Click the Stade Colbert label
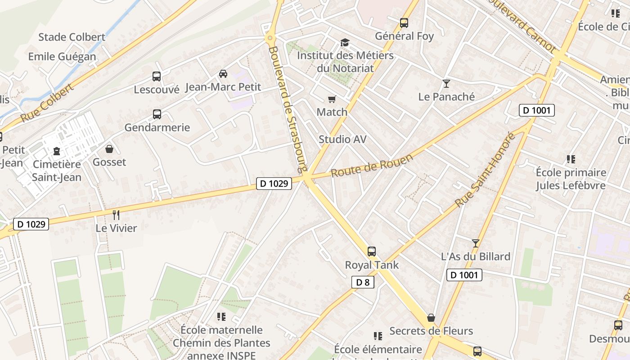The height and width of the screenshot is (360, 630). [72, 37]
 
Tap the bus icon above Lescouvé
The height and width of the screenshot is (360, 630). [157, 76]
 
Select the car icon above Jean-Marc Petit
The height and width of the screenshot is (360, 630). [223, 74]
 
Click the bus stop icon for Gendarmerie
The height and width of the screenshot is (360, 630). [157, 114]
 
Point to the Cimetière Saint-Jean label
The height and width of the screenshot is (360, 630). [57, 171]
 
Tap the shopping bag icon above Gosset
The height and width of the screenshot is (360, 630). [109, 149]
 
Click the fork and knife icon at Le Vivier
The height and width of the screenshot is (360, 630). [116, 215]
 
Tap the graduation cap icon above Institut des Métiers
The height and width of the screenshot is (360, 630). [345, 42]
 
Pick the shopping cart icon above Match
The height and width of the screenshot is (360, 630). [332, 99]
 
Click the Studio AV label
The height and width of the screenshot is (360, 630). [342, 139]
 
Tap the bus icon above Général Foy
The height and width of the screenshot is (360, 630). [404, 22]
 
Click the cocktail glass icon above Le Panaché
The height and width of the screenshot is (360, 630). [446, 84]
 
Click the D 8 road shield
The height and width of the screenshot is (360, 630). [362, 282]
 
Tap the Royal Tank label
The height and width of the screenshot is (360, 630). [372, 265]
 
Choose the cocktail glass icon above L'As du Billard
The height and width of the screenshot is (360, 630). [476, 243]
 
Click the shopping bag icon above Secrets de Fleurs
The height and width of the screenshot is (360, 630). [431, 318]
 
